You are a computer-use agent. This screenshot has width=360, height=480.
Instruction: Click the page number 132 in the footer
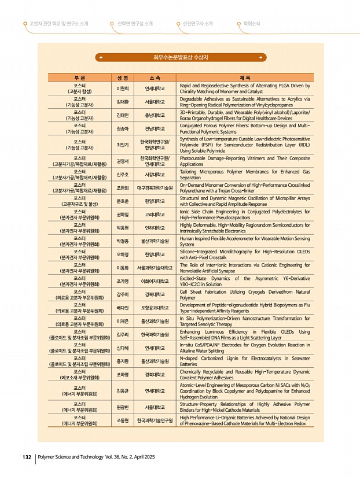[27, 457]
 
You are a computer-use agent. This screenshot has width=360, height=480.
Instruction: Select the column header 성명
[122, 77]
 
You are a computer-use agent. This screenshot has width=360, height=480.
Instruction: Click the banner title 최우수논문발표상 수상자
[180, 57]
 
